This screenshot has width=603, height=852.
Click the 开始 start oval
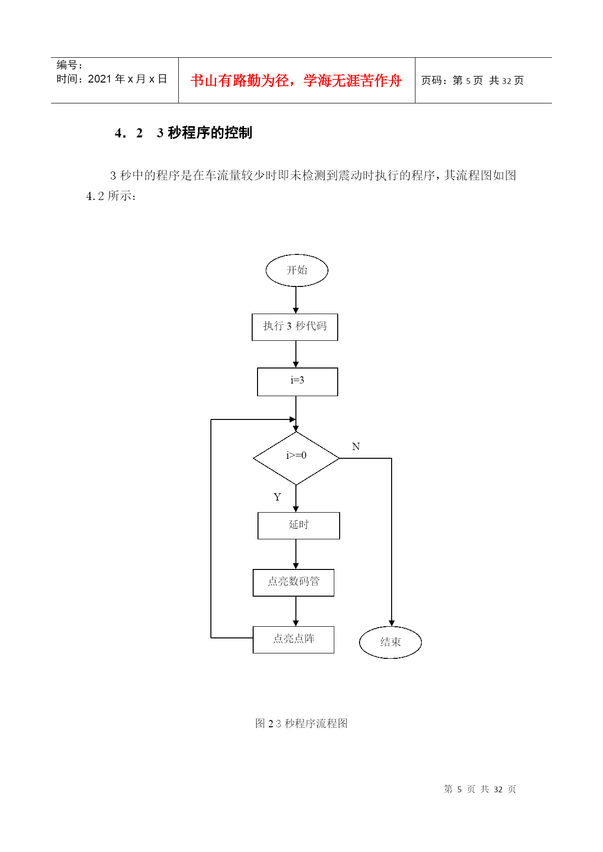pyautogui.click(x=296, y=270)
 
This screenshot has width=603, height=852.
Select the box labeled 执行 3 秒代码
pyautogui.click(x=294, y=327)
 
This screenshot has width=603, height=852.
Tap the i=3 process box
pyautogui.click(x=297, y=382)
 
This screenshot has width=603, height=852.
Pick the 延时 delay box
pyautogui.click(x=298, y=525)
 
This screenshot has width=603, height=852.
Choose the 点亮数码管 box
pyautogui.click(x=293, y=582)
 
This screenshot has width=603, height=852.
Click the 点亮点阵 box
pyautogui.click(x=293, y=639)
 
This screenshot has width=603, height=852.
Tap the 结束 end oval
pyautogui.click(x=390, y=642)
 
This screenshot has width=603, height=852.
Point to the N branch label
pyautogui.click(x=356, y=447)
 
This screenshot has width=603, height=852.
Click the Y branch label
pyautogui.click(x=277, y=497)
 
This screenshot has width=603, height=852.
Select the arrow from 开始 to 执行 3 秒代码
pyautogui.click(x=296, y=300)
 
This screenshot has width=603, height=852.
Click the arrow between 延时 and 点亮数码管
pyautogui.click(x=296, y=554)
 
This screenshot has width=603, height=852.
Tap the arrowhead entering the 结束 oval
pyautogui.click(x=392, y=623)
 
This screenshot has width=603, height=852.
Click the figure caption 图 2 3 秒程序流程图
pyautogui.click(x=301, y=723)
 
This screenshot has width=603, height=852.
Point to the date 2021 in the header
pyautogui.click(x=100, y=79)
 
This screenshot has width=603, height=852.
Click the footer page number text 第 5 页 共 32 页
pyautogui.click(x=480, y=789)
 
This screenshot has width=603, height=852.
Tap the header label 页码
pyautogui.click(x=431, y=81)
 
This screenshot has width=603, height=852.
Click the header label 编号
pyautogui.click(x=67, y=65)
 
